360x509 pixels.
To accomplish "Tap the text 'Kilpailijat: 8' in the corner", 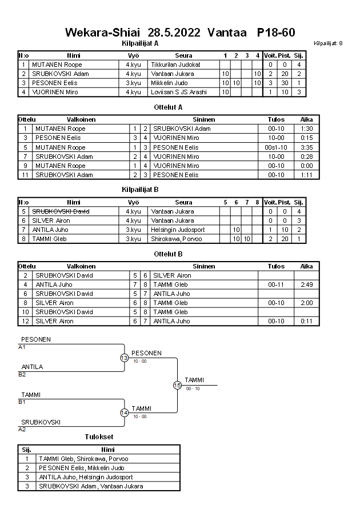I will pos(328,43).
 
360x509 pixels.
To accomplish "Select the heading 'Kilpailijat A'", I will pos(140,43).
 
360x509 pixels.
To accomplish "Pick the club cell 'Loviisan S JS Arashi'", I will pos(179,92).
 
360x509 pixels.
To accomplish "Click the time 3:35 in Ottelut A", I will pos(307,147).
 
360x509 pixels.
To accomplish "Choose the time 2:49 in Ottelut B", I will pos(307,284).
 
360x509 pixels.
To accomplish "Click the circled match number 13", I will pos(125,358).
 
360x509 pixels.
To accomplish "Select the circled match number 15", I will pos(177,386).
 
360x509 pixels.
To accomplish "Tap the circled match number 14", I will pos(125,413).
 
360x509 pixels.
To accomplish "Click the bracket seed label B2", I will pos(22,374).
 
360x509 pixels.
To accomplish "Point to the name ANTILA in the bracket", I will pos(32,367).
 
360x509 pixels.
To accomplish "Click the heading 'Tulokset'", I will pos(98,437).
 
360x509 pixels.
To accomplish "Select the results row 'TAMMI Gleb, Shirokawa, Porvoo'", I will pos(83,459).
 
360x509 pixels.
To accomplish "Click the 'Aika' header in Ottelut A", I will pos(307,119).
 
